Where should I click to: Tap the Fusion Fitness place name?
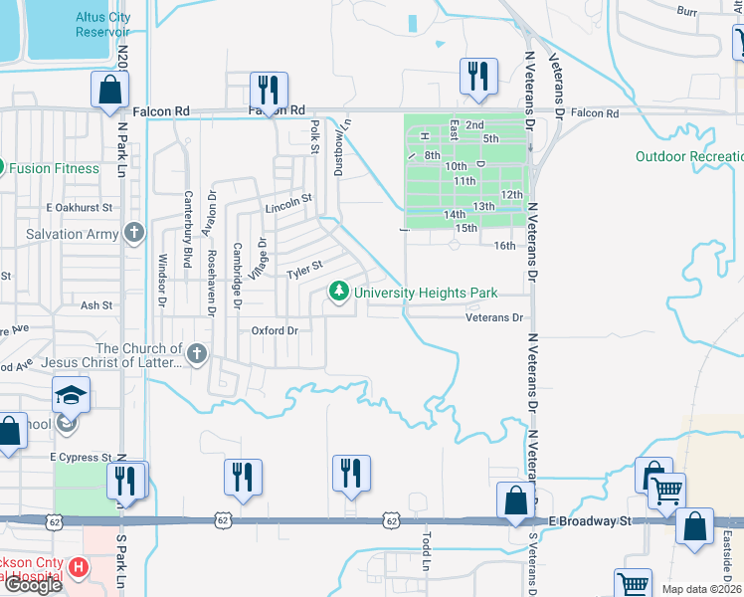(x=55, y=168)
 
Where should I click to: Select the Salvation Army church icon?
(x=136, y=234)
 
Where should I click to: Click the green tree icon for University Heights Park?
(x=340, y=292)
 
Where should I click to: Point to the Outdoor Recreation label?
(x=690, y=157)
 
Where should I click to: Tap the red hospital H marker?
(x=79, y=568)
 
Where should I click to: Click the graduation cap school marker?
(x=71, y=396)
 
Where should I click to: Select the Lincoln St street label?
(x=289, y=207)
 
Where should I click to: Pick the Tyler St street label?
(x=305, y=270)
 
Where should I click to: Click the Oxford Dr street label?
(x=275, y=330)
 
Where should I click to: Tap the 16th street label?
(x=505, y=246)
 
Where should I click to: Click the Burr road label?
(x=686, y=11)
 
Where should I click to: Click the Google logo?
(x=32, y=585)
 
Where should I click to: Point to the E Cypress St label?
(x=81, y=458)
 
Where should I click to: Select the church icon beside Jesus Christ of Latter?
(x=198, y=353)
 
